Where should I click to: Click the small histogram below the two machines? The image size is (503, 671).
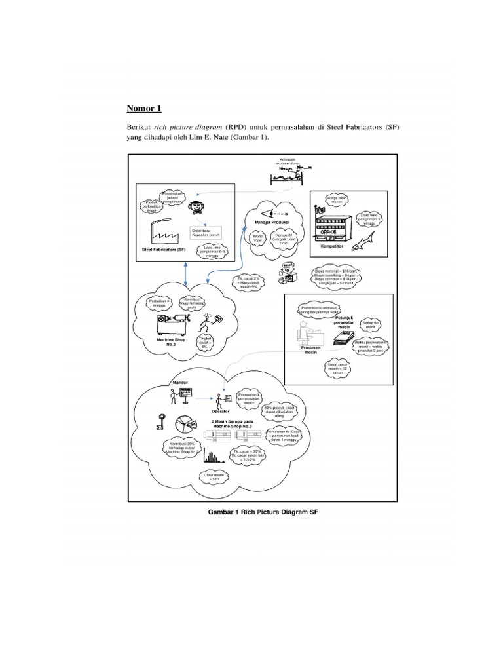(x=212, y=456)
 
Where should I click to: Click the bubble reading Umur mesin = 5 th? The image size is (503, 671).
(x=215, y=478)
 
